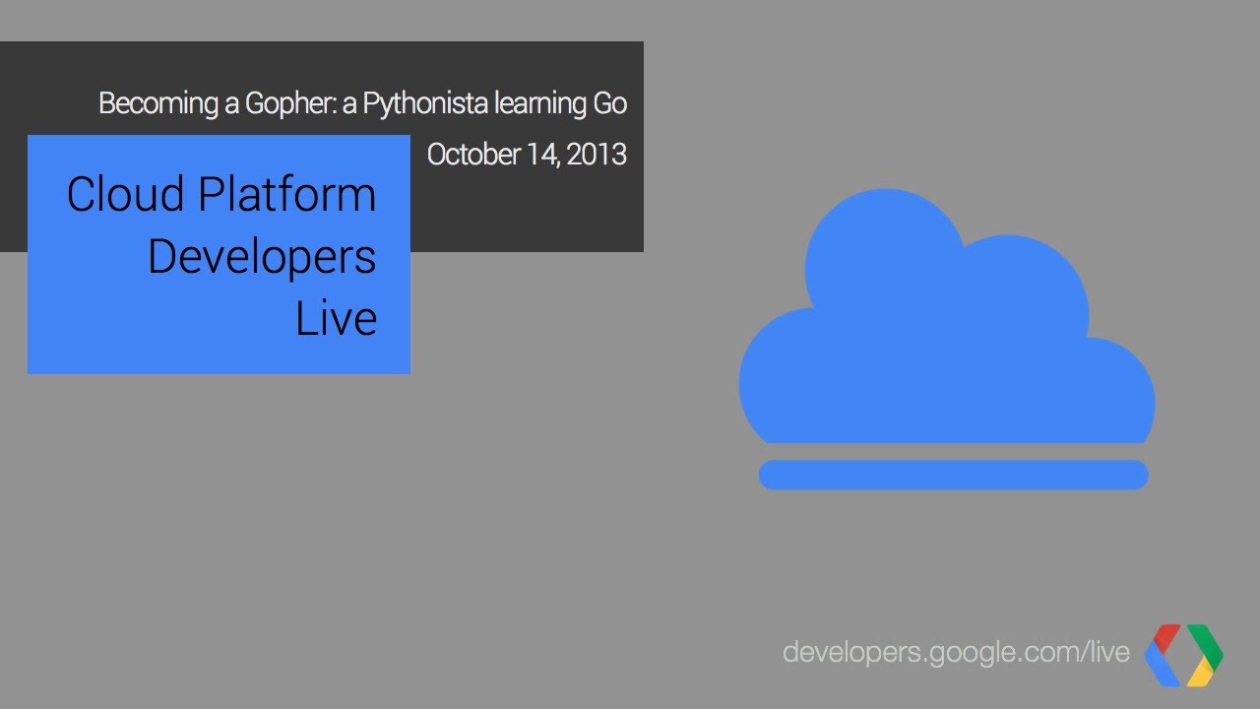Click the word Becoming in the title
click(159, 103)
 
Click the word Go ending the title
click(609, 103)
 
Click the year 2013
click(597, 155)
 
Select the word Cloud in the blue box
click(127, 194)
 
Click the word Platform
click(287, 194)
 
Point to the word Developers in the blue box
click(262, 257)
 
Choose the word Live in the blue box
click(336, 319)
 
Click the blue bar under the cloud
click(953, 475)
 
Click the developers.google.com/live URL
click(956, 651)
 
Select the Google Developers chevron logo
click(1183, 655)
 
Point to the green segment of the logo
click(1206, 645)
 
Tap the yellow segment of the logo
click(1200, 674)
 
